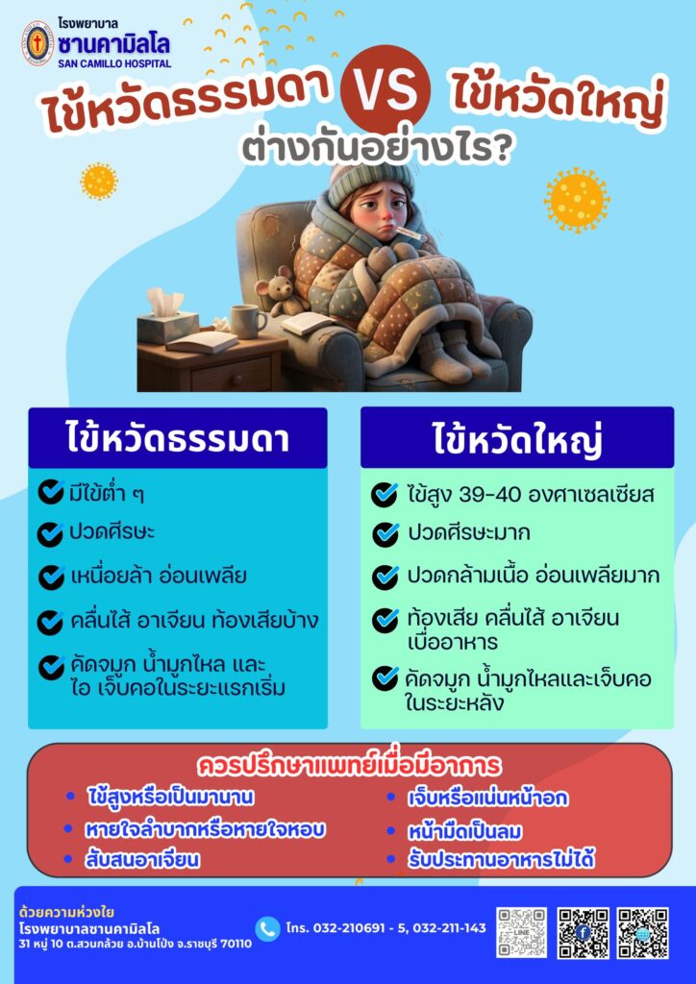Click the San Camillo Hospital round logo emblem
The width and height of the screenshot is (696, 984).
tap(37, 42)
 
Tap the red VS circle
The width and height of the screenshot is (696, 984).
tap(385, 88)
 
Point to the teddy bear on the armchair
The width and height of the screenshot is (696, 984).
tap(274, 292)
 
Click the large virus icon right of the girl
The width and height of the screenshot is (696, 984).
tap(577, 201)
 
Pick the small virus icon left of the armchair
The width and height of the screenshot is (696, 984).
tap(99, 181)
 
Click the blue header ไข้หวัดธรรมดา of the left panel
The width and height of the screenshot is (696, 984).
tap(178, 438)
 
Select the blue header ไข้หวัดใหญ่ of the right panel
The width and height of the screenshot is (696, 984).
tap(517, 438)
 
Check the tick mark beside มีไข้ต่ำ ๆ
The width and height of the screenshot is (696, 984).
tap(51, 492)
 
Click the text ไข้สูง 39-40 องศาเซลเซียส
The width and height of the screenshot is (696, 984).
tap(531, 495)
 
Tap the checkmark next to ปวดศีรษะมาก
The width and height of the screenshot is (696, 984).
tap(385, 534)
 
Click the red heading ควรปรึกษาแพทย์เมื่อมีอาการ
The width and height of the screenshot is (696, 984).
tap(350, 765)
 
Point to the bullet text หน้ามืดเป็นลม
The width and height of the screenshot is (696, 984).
tap(465, 831)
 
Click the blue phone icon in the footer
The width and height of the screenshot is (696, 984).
tap(267, 928)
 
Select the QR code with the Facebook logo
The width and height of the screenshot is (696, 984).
tap(583, 932)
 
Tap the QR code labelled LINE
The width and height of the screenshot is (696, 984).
tap(522, 932)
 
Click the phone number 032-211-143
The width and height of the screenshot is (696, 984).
tap(449, 927)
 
